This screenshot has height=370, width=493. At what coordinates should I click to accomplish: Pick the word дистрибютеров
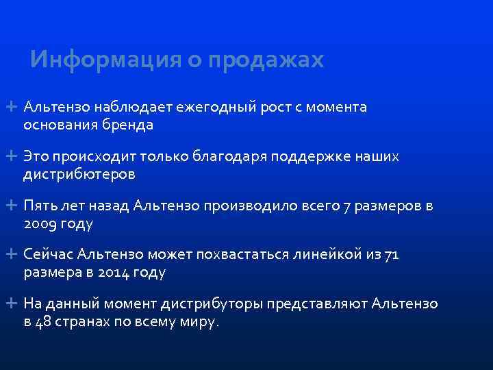click(x=79, y=175)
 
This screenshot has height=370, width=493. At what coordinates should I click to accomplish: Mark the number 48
click(x=42, y=322)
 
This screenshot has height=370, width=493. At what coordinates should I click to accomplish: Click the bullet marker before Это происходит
click(x=13, y=157)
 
